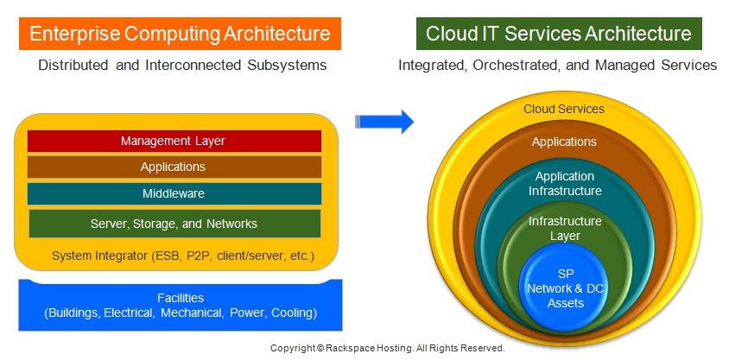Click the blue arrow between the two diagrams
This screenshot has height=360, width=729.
point(384,122)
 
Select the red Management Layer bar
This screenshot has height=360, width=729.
point(174,141)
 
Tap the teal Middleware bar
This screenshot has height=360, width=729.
point(174,193)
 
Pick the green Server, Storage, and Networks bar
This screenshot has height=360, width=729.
point(174,224)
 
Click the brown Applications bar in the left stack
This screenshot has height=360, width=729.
point(174,167)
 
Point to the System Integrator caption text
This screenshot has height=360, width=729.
point(183,256)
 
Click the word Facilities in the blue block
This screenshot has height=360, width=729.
point(181,298)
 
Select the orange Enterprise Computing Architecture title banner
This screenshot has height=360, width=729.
point(180,34)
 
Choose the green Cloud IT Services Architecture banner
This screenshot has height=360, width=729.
point(559,34)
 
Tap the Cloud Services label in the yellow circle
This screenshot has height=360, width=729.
point(564,109)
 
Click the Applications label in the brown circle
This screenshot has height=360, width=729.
point(564,142)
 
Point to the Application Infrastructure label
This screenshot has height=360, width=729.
point(565,184)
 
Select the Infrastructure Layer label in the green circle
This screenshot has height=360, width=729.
point(565,228)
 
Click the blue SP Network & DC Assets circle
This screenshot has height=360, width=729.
point(565,287)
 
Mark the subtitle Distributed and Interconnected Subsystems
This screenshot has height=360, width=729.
point(182,65)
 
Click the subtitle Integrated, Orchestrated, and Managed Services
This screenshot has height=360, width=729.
point(557,65)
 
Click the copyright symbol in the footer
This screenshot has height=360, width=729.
point(320,348)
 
